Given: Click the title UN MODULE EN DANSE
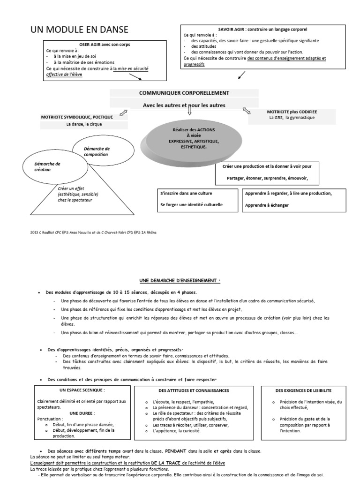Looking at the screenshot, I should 79,30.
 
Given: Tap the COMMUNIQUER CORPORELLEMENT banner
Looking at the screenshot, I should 184,93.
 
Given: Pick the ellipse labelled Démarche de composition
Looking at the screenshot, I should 97,151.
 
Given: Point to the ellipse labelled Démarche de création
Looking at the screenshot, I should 47,167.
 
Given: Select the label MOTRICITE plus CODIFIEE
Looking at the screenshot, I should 292,112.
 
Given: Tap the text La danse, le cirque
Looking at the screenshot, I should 84,124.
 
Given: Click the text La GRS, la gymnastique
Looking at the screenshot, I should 292,118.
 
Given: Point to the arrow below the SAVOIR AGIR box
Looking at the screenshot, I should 242,75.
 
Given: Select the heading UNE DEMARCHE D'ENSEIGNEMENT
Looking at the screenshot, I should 180,280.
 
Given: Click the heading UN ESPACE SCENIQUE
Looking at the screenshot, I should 82,390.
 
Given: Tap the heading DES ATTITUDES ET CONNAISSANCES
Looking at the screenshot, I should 197,390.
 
